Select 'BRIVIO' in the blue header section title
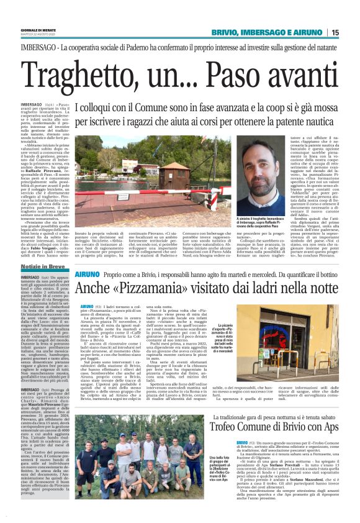218,32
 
